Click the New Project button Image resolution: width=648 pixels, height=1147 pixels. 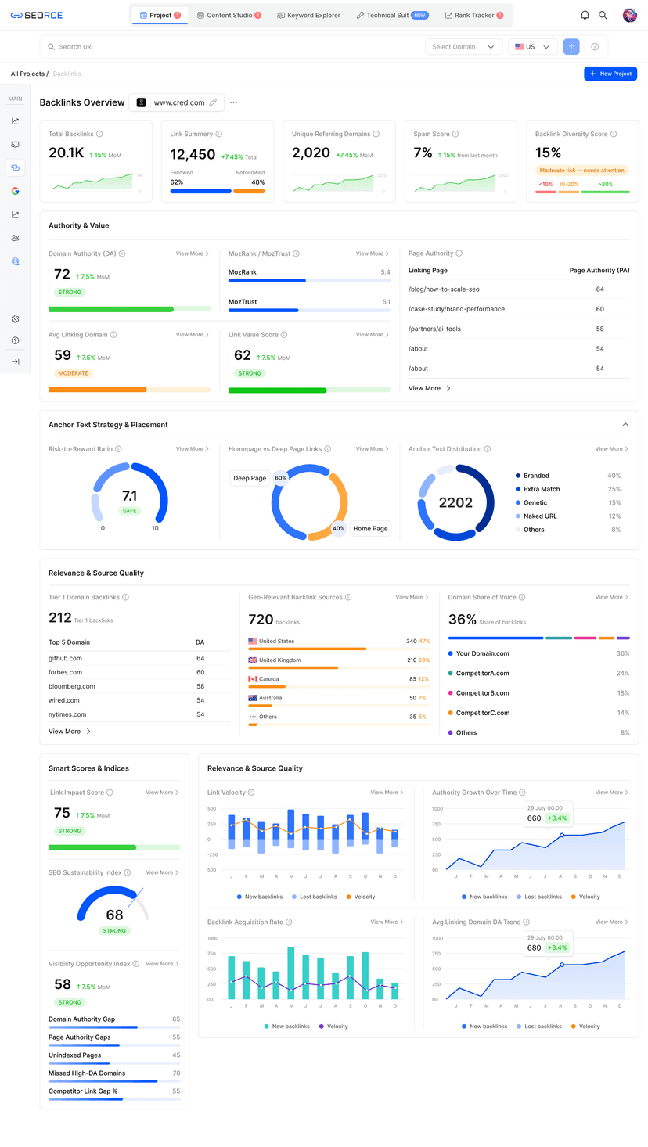click(x=610, y=74)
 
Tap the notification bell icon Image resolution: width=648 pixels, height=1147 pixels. click(x=585, y=15)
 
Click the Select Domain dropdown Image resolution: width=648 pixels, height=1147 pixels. click(x=463, y=47)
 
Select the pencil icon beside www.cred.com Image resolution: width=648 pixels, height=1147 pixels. click(x=213, y=102)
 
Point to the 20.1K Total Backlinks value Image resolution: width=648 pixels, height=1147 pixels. click(x=66, y=153)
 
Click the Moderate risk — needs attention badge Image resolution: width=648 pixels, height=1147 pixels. click(x=582, y=171)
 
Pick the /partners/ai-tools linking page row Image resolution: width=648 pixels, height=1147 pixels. click(x=434, y=329)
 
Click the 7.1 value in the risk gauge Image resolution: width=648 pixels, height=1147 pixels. click(x=130, y=496)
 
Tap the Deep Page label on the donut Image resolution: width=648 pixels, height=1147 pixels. click(x=250, y=478)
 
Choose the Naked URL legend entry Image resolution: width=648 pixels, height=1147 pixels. click(x=539, y=516)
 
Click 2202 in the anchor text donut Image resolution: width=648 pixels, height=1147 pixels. click(x=455, y=503)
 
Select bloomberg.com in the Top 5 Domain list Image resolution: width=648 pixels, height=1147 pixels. click(x=71, y=686)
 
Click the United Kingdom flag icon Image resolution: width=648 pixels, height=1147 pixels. click(x=253, y=660)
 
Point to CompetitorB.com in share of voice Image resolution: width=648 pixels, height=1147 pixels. click(x=482, y=693)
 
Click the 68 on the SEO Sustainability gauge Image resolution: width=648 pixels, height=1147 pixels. click(x=114, y=915)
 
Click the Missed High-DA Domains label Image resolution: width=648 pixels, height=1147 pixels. click(x=87, y=1073)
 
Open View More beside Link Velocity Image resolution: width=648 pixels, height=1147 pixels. click(x=387, y=793)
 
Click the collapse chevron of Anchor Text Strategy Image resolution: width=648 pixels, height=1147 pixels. click(x=625, y=425)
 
